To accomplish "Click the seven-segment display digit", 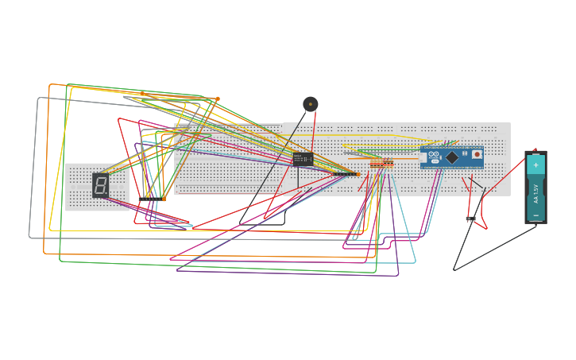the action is [x=100, y=185].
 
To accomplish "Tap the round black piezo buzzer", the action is [x=311, y=104].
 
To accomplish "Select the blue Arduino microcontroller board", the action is [x=451, y=157].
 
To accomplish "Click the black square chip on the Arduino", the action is [x=452, y=157].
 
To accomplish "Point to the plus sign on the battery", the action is [x=535, y=165].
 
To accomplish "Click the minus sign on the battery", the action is [x=535, y=215].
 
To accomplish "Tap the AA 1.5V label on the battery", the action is [x=536, y=193].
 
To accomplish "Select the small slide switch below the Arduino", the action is [x=470, y=219].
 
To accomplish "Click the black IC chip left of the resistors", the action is [x=303, y=159].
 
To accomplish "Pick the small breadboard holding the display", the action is [x=97, y=188].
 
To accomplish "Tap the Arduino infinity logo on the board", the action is [x=435, y=154].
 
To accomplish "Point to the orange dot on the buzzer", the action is [x=311, y=104].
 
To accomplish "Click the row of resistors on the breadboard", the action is [x=381, y=164].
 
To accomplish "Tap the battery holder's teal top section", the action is [x=535, y=165].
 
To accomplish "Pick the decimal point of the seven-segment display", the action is [x=106, y=193].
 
